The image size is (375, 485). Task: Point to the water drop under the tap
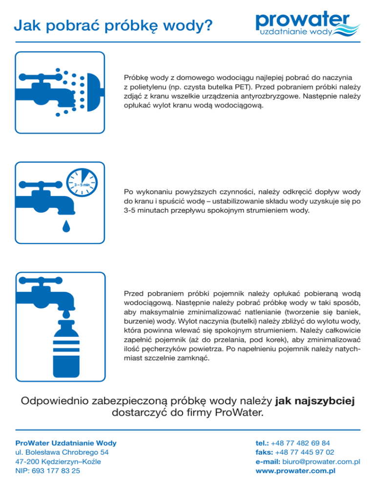(x=64, y=225)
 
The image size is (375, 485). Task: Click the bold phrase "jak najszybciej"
(x=314, y=401)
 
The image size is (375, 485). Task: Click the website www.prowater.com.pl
(x=295, y=471)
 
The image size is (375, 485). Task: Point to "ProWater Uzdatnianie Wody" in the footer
(x=66, y=443)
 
